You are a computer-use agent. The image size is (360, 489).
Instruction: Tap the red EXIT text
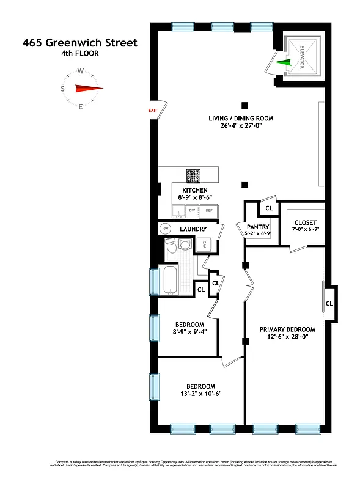coord(153,110)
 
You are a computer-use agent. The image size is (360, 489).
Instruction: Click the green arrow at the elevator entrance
coord(282,62)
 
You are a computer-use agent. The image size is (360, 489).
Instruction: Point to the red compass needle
coord(88,89)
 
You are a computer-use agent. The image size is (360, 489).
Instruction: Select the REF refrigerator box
coord(209,210)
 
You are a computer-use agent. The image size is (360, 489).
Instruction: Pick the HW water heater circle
coord(165,229)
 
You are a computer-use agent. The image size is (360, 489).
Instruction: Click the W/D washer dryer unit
coord(202,245)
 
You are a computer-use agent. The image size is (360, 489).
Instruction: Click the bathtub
coord(170,280)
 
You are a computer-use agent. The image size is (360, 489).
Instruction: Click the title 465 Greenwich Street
coord(80,43)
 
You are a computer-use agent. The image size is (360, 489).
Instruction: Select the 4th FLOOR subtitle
coord(79,54)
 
